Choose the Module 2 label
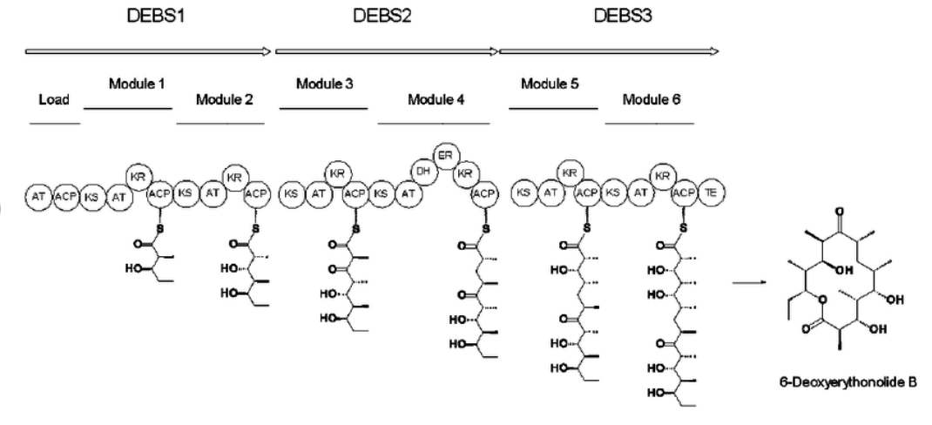point(225,99)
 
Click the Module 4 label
point(436,99)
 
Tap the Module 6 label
point(650,99)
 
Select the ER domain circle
point(445,154)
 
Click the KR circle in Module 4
point(466,172)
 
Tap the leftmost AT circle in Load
point(38,196)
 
